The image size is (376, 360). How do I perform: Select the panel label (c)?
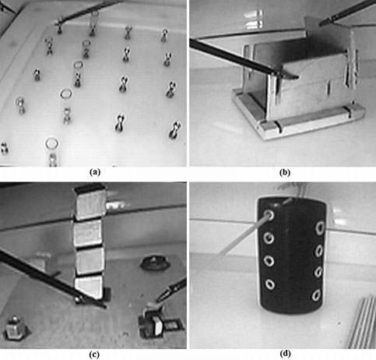click(x=94, y=353)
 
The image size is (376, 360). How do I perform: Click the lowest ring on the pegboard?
click(x=51, y=144)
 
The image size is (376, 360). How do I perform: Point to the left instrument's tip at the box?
click(x=288, y=76)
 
